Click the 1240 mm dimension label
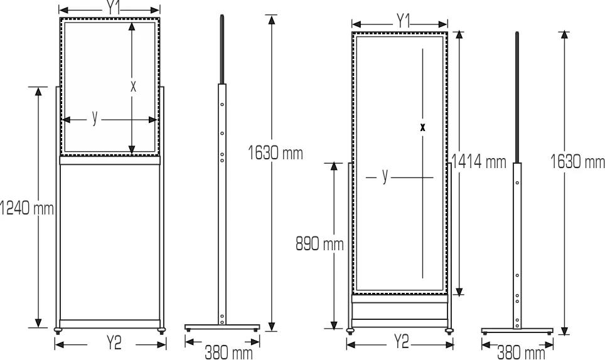pos(26,208)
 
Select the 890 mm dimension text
pos(319,244)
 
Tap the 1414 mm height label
pos(478,161)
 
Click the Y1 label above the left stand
pos(113,8)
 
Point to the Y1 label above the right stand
pos(403,21)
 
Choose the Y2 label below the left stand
pos(114,342)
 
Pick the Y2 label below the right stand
pos(401,342)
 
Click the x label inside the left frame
pos(133,87)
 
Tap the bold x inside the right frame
pos(422,127)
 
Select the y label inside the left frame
pos(95,117)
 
